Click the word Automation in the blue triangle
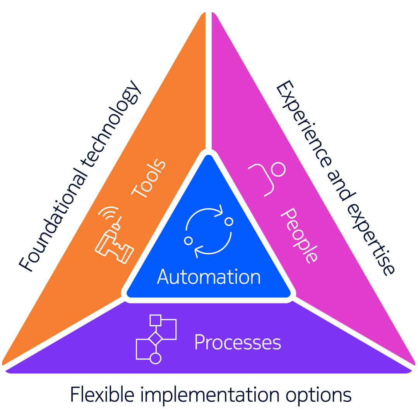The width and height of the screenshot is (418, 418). [x=209, y=277]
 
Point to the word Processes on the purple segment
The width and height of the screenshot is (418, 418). [x=237, y=342]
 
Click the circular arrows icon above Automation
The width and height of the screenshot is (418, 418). [x=209, y=231]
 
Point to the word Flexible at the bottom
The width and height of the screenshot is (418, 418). [x=102, y=395]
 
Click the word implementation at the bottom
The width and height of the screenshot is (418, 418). [x=209, y=395]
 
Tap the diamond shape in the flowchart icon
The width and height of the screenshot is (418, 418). [x=156, y=338]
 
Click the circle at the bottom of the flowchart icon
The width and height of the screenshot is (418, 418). [x=155, y=358]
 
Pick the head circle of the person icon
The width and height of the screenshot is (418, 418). [x=278, y=169]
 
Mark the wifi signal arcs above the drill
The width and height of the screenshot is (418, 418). [x=108, y=214]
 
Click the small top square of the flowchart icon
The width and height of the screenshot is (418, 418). [x=155, y=320]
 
